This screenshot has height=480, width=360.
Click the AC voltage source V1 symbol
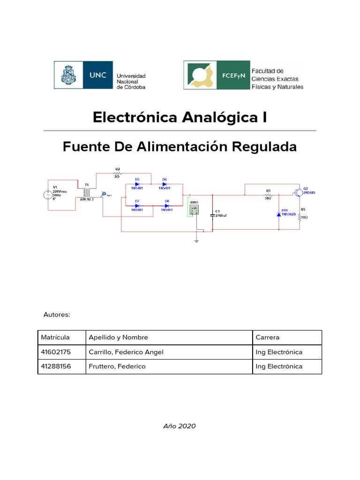tap(49, 195)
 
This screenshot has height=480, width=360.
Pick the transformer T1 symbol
tap(86, 193)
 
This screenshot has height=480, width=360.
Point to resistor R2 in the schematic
tap(118, 173)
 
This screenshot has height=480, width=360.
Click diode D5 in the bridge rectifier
tap(137, 184)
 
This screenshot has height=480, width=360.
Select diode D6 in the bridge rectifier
tap(165, 184)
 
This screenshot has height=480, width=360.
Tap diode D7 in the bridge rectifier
tap(137, 205)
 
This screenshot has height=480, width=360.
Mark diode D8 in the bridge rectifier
tap(166, 205)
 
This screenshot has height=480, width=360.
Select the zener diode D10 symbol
tap(279, 214)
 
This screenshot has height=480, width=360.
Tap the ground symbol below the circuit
tap(197, 240)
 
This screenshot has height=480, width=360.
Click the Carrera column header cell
tap(286, 337)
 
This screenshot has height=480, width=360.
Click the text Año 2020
tap(180, 426)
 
